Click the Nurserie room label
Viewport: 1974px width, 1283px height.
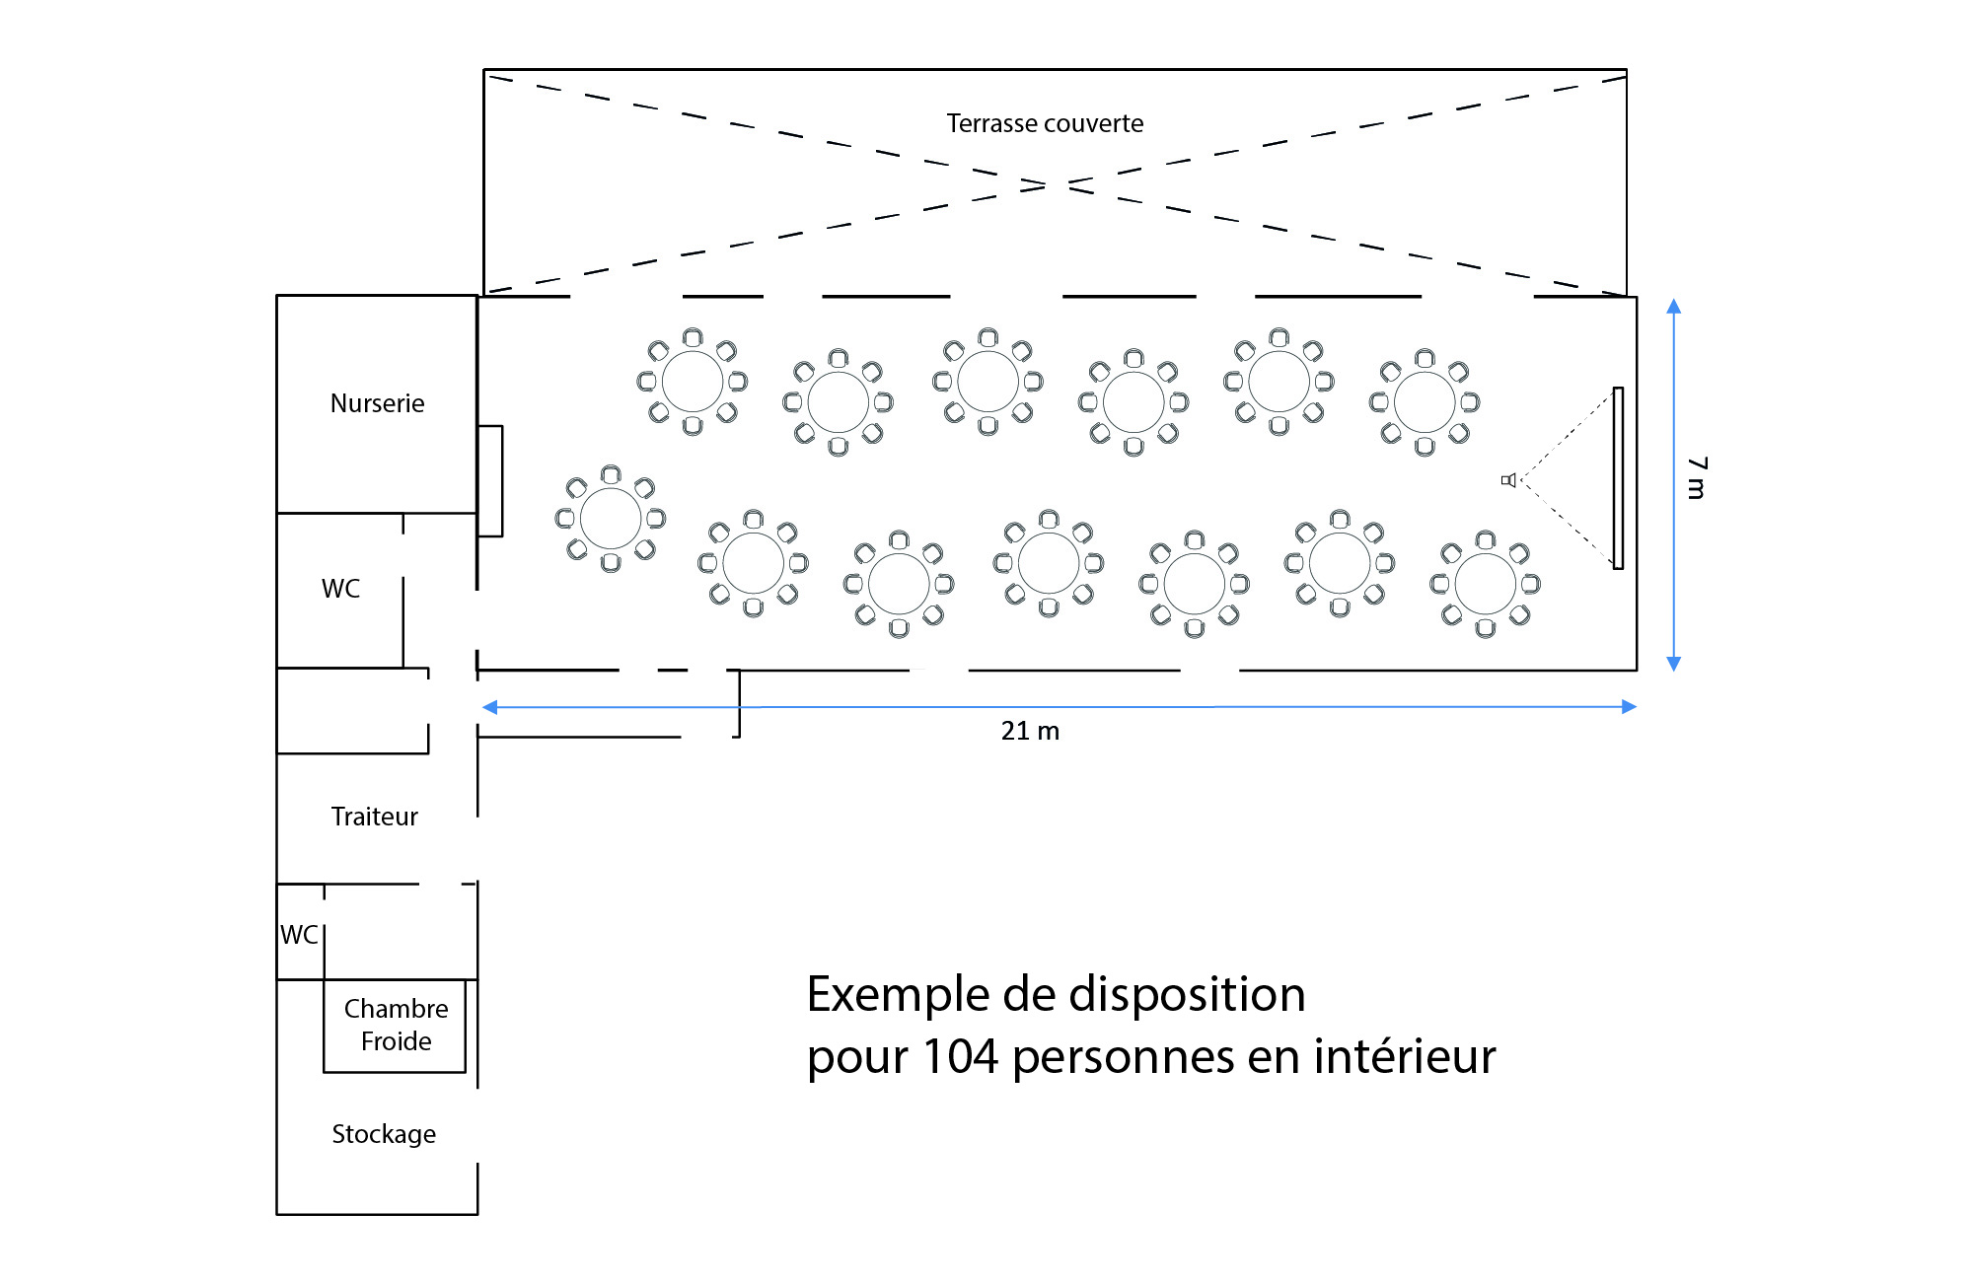click(377, 403)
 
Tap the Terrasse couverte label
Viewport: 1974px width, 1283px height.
click(1045, 123)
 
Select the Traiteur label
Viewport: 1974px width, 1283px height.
click(374, 817)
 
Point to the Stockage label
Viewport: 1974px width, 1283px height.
click(384, 1134)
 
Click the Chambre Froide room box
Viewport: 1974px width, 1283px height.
click(395, 1026)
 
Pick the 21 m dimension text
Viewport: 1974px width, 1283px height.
click(1030, 731)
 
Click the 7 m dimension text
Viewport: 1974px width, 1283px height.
click(1696, 478)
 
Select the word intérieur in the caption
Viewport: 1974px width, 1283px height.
click(1404, 1056)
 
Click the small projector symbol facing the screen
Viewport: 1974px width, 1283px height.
click(1508, 480)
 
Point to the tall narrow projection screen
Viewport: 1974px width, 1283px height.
click(1618, 478)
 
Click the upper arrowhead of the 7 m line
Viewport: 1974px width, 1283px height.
click(1673, 306)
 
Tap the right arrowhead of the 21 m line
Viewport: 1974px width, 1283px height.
click(1630, 706)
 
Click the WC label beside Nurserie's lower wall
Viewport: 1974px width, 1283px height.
click(340, 589)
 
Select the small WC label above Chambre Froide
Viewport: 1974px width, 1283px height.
click(299, 935)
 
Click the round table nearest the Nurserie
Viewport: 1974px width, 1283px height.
click(611, 519)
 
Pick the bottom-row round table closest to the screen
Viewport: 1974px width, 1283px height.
click(1485, 584)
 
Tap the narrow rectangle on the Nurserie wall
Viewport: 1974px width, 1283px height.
click(490, 481)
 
